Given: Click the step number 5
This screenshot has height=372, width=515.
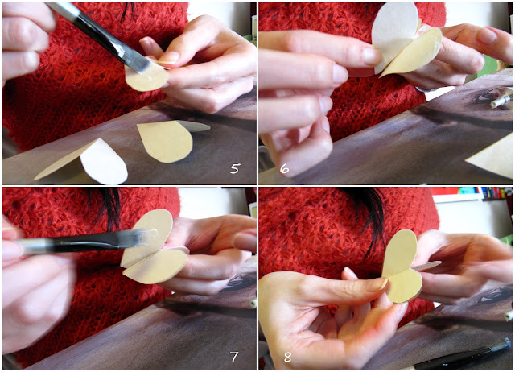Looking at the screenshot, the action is click(x=235, y=168).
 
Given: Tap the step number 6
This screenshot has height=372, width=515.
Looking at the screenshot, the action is click(x=284, y=168).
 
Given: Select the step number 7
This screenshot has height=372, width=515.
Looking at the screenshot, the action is click(x=234, y=357).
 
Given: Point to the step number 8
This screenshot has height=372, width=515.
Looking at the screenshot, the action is click(x=288, y=357).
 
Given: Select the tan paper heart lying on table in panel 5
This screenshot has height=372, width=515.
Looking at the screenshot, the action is click(x=166, y=141).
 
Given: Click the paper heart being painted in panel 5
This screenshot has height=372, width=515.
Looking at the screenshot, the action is click(x=146, y=77).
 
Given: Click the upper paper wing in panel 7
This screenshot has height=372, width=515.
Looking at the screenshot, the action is click(x=148, y=235).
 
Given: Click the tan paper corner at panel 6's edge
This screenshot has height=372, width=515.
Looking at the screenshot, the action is click(x=492, y=158).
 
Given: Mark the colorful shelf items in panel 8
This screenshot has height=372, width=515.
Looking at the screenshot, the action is click(x=473, y=193).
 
